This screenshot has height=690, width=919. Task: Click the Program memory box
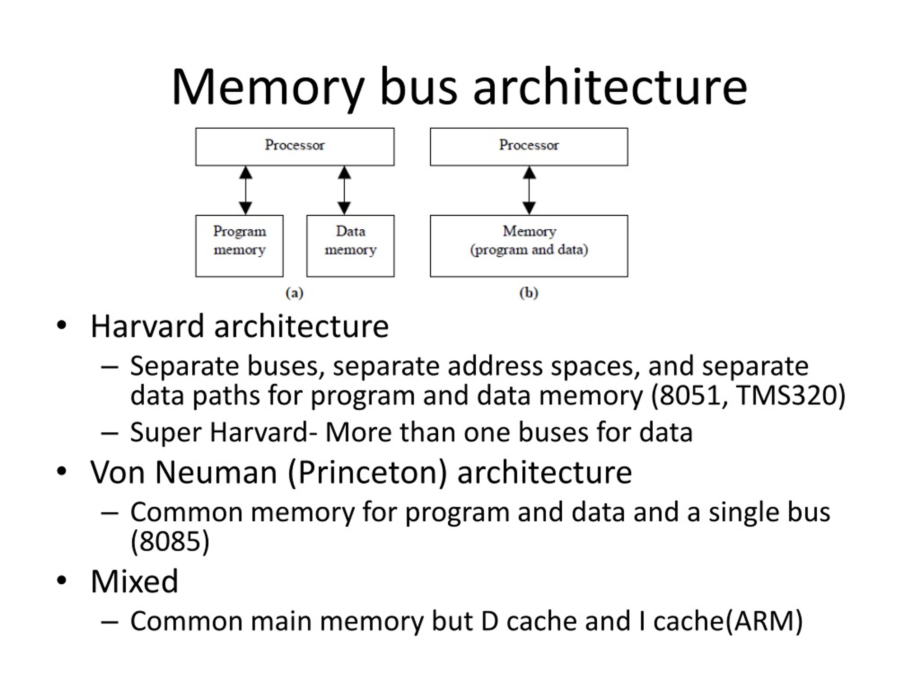coord(239,246)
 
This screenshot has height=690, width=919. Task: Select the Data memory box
coord(350,246)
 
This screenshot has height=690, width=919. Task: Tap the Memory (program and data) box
coord(529,246)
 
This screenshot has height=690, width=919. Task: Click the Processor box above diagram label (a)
coord(295,147)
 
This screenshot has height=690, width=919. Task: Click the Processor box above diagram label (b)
coord(529,147)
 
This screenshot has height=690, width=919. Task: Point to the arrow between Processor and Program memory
coord(246,190)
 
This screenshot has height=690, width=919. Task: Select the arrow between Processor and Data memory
coord(344,190)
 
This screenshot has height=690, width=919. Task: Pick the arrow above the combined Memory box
coord(529,190)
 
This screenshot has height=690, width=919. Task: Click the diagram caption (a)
coord(295,293)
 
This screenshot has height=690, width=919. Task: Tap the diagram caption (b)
coord(529,293)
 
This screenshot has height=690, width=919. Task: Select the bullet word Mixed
coord(135,581)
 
